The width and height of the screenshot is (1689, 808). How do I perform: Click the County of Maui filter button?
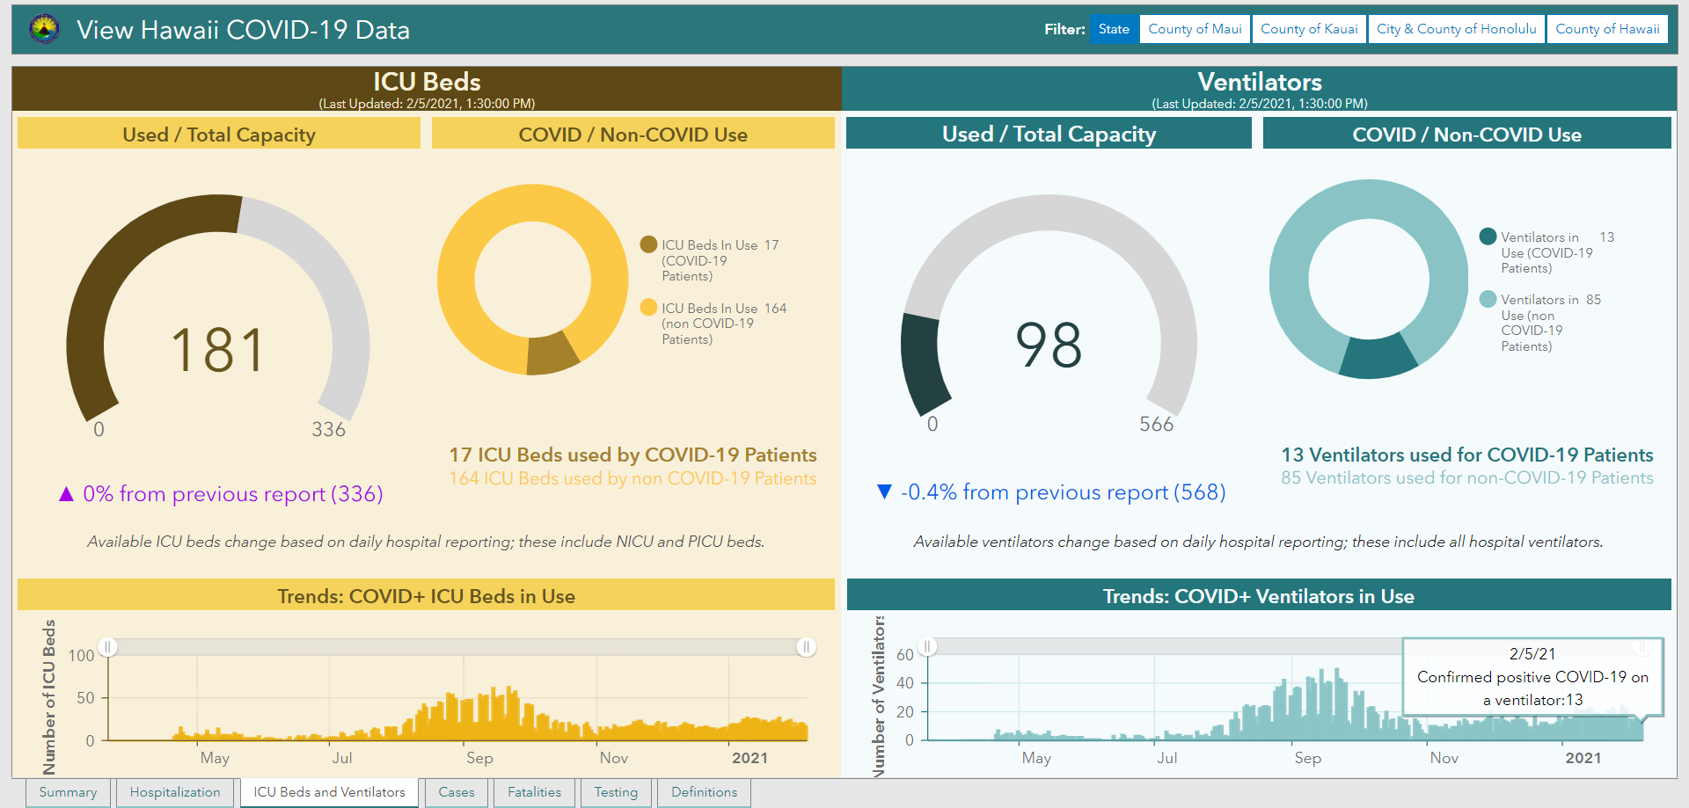(1195, 29)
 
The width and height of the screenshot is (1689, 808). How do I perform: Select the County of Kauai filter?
(1309, 29)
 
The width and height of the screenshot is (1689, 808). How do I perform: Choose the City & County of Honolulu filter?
(1456, 29)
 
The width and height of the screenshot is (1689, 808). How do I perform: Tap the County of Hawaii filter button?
(1607, 29)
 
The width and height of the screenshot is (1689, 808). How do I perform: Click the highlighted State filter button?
(1114, 29)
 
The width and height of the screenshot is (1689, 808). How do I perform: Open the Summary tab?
(68, 792)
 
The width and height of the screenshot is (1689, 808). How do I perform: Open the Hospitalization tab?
(175, 792)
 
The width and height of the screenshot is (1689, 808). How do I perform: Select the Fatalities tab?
(534, 792)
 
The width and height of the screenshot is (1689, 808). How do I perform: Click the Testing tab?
(616, 792)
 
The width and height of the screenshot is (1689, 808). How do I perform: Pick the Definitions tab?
(704, 792)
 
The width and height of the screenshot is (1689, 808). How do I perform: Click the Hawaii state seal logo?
(44, 29)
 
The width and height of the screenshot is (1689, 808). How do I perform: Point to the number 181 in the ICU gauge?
(217, 350)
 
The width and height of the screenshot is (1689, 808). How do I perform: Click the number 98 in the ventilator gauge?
(1049, 345)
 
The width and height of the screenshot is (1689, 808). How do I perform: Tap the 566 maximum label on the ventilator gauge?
(1156, 425)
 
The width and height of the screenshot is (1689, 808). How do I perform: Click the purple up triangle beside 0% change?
(66, 494)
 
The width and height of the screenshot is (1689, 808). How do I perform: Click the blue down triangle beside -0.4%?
(885, 491)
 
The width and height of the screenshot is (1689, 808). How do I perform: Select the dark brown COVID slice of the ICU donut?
(552, 354)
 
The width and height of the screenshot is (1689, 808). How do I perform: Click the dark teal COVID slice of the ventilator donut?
(1378, 356)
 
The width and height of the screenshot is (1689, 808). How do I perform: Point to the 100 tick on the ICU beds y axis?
(81, 656)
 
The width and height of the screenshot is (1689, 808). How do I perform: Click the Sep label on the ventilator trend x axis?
(1307, 758)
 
